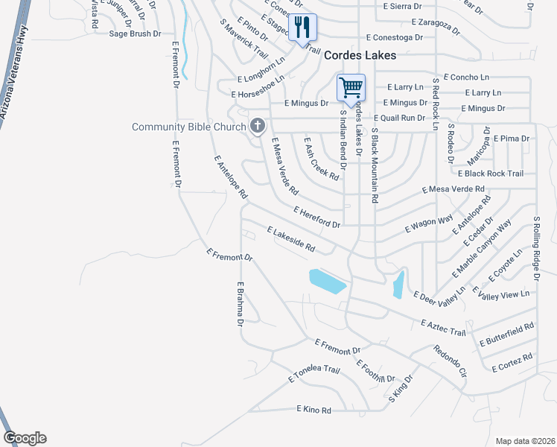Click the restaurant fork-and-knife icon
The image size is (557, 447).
tap(302, 28)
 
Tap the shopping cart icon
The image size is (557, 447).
tap(351, 86)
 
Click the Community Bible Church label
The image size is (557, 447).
tap(188, 127)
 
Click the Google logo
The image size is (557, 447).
tap(25, 438)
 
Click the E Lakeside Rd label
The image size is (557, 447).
tap(290, 240)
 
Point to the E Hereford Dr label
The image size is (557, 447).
tap(317, 218)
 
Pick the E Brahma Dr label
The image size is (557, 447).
tap(241, 304)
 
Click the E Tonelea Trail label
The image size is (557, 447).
tap(313, 374)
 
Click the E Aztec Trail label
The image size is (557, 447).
tap(443, 327)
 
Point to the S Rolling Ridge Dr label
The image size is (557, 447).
tap(535, 249)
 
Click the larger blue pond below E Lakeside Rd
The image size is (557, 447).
tap(327, 281)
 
